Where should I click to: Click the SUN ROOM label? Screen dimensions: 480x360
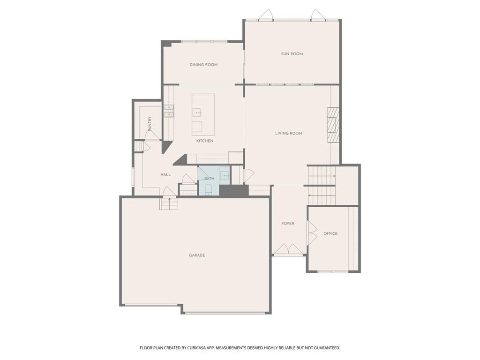click(x=292, y=54)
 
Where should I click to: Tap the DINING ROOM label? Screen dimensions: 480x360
click(x=203, y=65)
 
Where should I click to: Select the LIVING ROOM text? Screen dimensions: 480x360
click(x=289, y=133)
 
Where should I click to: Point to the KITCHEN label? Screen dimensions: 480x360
click(x=205, y=141)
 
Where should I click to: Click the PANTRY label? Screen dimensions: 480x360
click(x=150, y=124)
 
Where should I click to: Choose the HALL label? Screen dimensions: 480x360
click(x=165, y=174)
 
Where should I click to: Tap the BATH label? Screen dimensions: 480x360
click(x=210, y=179)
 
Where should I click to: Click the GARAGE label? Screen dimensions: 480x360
click(x=197, y=255)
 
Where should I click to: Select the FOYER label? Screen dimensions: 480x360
click(x=288, y=224)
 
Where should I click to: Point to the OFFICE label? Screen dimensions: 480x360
click(x=330, y=233)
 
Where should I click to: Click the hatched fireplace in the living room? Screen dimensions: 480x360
click(x=333, y=125)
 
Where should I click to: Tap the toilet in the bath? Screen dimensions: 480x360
click(x=209, y=189)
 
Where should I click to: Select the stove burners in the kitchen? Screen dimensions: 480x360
click(x=169, y=111)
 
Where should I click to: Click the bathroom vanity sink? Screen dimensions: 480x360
click(x=226, y=176)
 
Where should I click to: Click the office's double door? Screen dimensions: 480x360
click(x=312, y=233)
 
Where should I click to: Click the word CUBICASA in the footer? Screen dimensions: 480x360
click(x=199, y=348)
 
